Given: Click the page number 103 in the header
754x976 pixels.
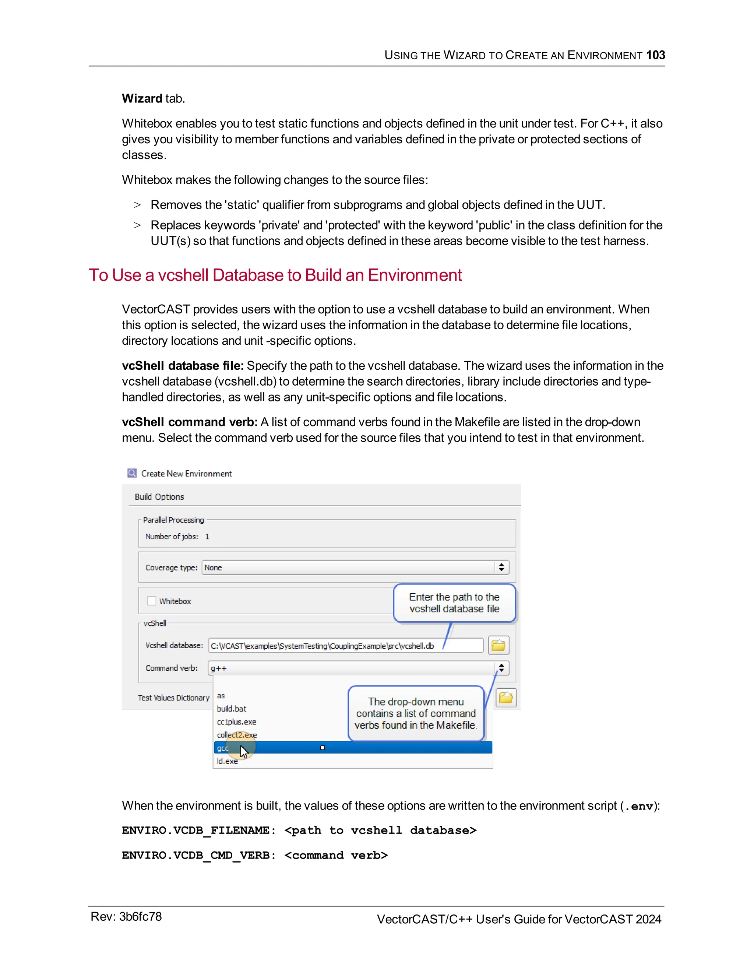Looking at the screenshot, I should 655,55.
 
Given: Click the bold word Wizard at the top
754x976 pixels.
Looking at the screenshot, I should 142,98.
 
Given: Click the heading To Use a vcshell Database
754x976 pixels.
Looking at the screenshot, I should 275,275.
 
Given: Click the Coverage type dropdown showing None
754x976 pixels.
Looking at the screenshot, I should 355,568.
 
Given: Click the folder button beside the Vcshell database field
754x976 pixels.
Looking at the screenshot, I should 498,645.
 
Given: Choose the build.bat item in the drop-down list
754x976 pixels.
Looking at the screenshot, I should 231,709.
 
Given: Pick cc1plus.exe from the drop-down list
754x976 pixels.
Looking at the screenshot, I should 237,722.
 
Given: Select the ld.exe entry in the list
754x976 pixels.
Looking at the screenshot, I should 228,761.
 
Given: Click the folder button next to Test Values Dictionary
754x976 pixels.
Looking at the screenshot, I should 505,698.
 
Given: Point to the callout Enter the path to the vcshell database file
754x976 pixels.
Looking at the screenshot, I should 454,603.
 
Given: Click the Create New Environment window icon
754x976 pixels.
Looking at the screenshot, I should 132,473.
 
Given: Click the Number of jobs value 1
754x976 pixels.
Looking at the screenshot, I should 207,536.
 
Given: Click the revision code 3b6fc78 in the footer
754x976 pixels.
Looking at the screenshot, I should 140,917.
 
